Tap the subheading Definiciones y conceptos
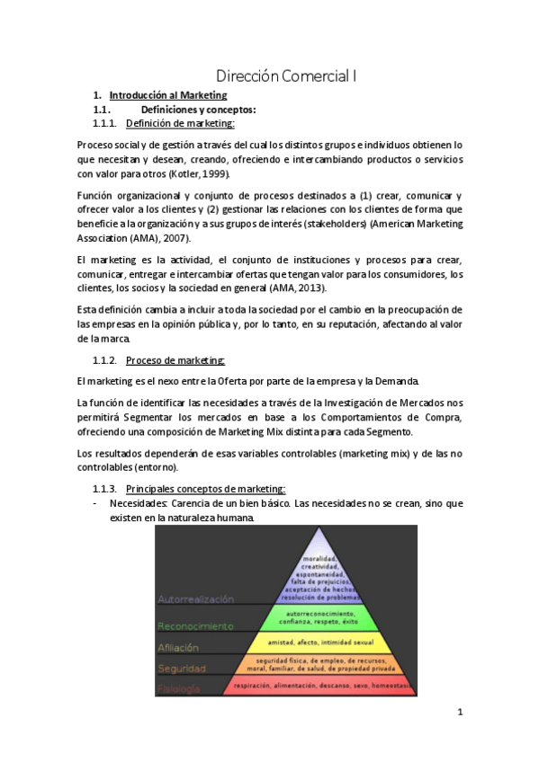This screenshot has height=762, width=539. (180, 110)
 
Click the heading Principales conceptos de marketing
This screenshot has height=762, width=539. (205, 489)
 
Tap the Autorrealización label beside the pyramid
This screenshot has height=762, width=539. (195, 598)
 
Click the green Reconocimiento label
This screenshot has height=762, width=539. (195, 625)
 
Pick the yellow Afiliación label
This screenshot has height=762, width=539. (178, 647)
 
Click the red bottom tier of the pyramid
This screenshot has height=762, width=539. (315, 686)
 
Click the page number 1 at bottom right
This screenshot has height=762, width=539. (459, 713)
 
